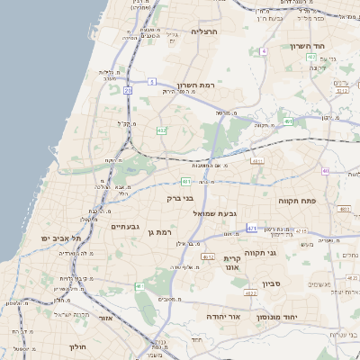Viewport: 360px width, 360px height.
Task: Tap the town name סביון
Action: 273,283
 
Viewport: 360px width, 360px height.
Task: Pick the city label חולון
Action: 77,346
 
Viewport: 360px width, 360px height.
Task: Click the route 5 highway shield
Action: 152,82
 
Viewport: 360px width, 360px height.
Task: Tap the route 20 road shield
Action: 129,90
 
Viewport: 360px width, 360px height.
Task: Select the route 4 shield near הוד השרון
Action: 264,51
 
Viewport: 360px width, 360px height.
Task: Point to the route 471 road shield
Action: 251,228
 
